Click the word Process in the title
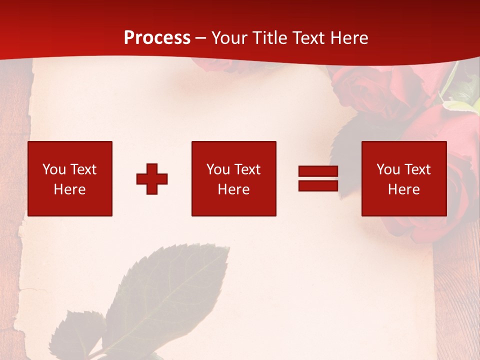pyautogui.click(x=157, y=38)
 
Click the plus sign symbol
pyautogui.click(x=152, y=179)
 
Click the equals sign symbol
pyautogui.click(x=318, y=178)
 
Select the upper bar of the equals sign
pyautogui.click(x=318, y=171)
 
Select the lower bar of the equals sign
pyautogui.click(x=318, y=185)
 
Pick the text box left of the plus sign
pyautogui.click(x=70, y=178)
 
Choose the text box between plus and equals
pyautogui.click(x=233, y=178)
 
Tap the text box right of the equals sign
pyautogui.click(x=404, y=178)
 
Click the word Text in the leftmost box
pyautogui.click(x=83, y=169)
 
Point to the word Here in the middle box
pyautogui.click(x=233, y=189)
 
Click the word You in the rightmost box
pyautogui.click(x=388, y=169)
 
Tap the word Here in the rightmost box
pyautogui.click(x=404, y=189)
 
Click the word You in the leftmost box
pyautogui.click(x=54, y=169)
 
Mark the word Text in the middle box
pyautogui.click(x=247, y=169)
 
